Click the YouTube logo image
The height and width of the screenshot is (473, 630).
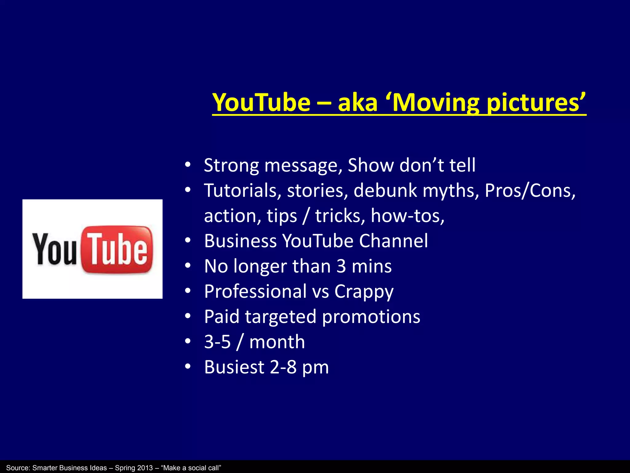click(92, 249)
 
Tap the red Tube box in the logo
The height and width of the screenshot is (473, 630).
click(117, 249)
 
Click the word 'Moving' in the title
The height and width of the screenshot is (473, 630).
click(436, 103)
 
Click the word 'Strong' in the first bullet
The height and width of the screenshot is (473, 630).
click(231, 165)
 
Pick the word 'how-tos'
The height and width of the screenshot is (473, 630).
click(407, 216)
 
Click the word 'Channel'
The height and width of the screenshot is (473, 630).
click(393, 241)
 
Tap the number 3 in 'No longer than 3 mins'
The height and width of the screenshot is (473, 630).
click(341, 266)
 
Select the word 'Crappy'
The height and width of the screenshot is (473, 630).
click(364, 292)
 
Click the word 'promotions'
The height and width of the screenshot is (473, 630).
click(371, 317)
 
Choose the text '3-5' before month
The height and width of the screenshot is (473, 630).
click(217, 342)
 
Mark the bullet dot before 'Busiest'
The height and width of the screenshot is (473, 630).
click(188, 366)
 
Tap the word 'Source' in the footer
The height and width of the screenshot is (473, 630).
click(17, 468)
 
